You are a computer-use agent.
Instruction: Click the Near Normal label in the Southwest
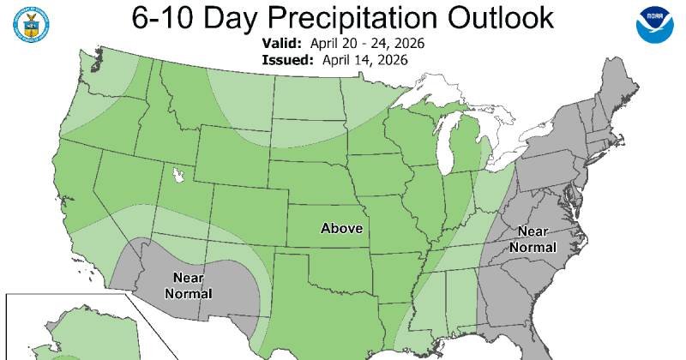[x=188, y=285]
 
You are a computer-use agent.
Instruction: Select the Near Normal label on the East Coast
[x=532, y=240]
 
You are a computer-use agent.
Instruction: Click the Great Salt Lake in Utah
[x=178, y=176]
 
